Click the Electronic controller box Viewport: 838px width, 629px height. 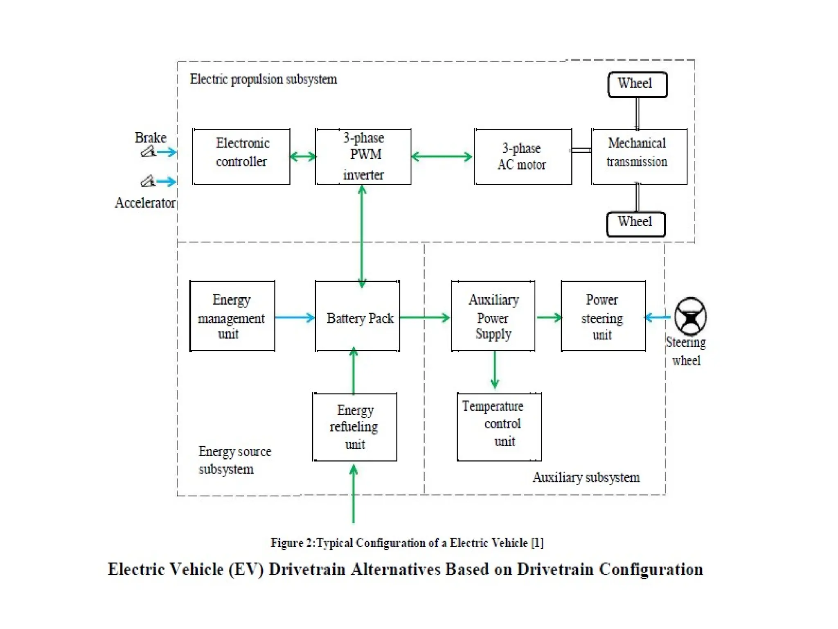pyautogui.click(x=241, y=157)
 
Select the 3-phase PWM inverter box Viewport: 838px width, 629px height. pyautogui.click(x=363, y=157)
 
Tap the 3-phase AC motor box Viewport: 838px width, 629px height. pyautogui.click(x=523, y=157)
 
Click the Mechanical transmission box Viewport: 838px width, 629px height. pyautogui.click(x=639, y=157)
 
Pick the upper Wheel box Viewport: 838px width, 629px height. pyautogui.click(x=637, y=85)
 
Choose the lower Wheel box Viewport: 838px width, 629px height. pyautogui.click(x=635, y=224)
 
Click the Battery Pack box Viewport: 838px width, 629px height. pyautogui.click(x=357, y=316)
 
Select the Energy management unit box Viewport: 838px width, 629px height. pyautogui.click(x=232, y=316)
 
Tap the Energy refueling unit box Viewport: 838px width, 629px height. pyautogui.click(x=354, y=427)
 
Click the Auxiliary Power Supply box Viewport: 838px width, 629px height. pyautogui.click(x=493, y=316)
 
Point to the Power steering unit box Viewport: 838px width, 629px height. pyautogui.click(x=603, y=316)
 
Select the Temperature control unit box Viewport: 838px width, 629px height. pyautogui.click(x=499, y=427)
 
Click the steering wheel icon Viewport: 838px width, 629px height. pyautogui.click(x=690, y=317)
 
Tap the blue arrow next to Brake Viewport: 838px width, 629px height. pyautogui.click(x=167, y=152)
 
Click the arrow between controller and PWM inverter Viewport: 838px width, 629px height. pyautogui.click(x=303, y=156)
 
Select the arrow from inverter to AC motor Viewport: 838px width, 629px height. pyautogui.click(x=442, y=156)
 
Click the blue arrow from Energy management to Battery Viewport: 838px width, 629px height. pyautogui.click(x=295, y=317)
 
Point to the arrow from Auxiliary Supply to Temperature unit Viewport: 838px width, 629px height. pyautogui.click(x=495, y=370)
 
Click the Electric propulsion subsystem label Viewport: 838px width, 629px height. pyautogui.click(x=263, y=79)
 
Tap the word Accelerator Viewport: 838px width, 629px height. pyautogui.click(x=145, y=203)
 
